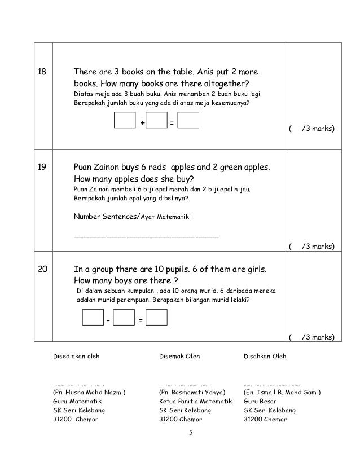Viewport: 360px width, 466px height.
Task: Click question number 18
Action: (x=41, y=73)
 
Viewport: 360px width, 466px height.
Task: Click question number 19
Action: (x=41, y=168)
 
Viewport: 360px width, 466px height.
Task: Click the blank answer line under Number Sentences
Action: (x=147, y=236)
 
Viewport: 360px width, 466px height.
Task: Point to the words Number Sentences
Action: (x=105, y=217)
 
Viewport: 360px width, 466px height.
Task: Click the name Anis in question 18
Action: (x=207, y=73)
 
